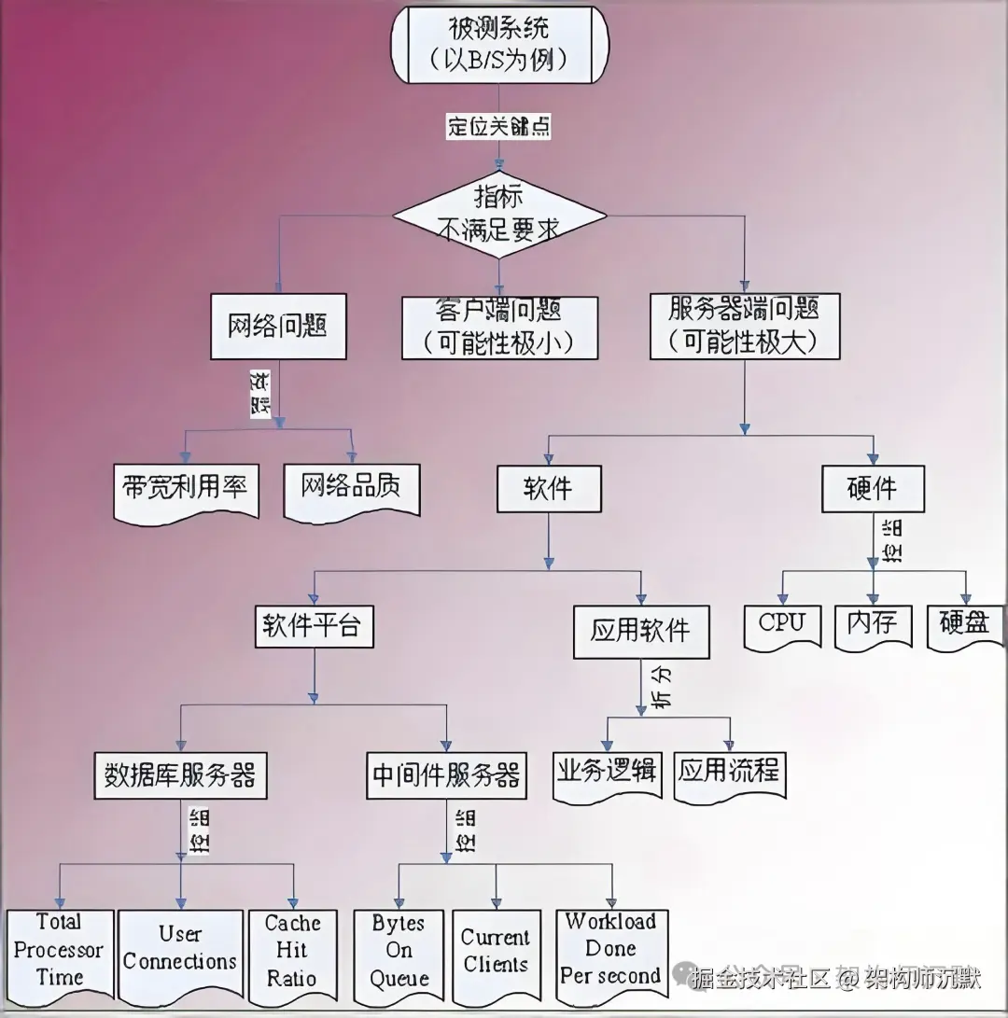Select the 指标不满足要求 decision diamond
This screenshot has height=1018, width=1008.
point(498,214)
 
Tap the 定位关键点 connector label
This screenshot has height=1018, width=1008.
point(498,127)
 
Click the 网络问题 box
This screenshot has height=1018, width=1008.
point(278,327)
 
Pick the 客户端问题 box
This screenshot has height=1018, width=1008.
point(499,328)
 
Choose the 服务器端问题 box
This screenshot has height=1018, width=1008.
point(744,326)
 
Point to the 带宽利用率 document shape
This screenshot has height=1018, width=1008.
point(186,488)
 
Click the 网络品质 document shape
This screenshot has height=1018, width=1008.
point(352,488)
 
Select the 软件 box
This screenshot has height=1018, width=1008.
point(548,488)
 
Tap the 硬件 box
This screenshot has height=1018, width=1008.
point(872,488)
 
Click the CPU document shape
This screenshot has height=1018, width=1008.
point(782,625)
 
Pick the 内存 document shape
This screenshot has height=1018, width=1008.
point(872,625)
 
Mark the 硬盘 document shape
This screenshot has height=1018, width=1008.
point(964,625)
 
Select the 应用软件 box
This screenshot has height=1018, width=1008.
point(641,632)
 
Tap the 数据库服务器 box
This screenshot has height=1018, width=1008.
point(181,775)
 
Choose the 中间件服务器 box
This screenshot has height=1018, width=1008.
point(446,775)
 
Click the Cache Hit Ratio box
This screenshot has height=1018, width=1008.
point(291,952)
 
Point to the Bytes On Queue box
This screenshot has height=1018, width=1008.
point(399,952)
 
